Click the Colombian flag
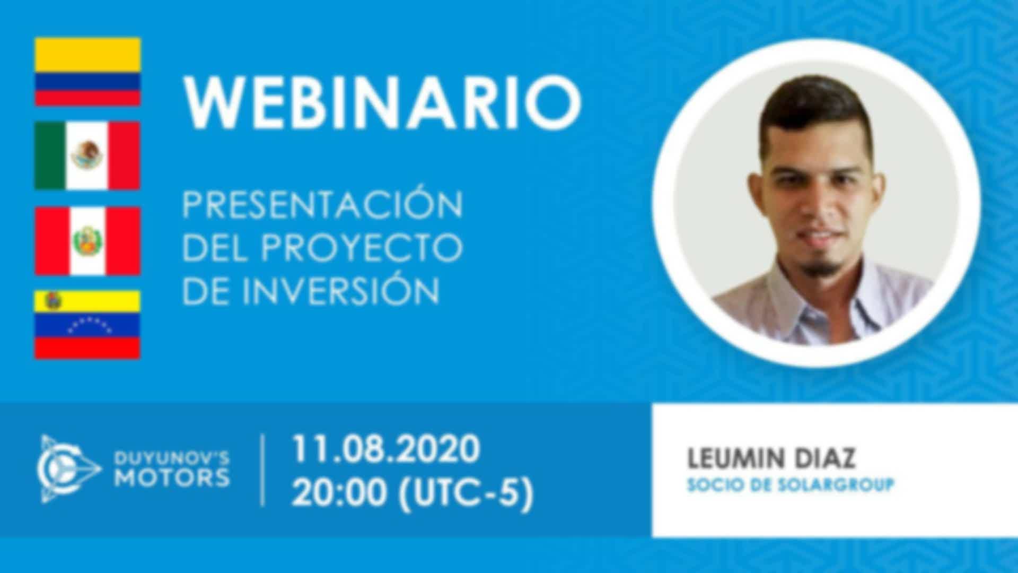87,72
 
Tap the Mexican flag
87,155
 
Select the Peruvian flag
87,241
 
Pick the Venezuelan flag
87,325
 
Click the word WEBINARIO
382,102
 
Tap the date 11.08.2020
386,449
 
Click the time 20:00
339,493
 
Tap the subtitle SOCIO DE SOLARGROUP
791,485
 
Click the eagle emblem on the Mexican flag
87,155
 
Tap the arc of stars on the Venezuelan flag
89,324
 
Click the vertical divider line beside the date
263,470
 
